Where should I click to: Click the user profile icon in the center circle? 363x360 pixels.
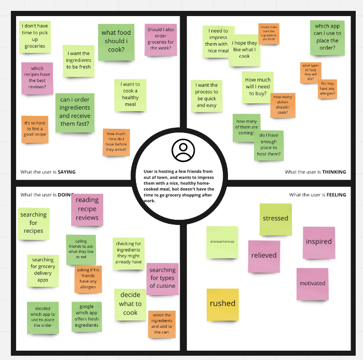coord(183,150)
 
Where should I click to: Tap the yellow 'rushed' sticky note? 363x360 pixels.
coord(223,304)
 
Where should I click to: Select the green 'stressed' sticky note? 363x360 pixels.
coord(275,219)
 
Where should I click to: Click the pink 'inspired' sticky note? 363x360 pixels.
coord(319,242)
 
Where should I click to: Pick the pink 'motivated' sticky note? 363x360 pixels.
coord(313,284)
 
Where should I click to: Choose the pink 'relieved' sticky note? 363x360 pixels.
coord(264,256)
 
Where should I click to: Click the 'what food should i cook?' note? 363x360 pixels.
coord(116,42)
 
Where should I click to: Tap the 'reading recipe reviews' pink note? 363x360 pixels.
coord(87,209)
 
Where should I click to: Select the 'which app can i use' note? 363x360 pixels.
coord(328,37)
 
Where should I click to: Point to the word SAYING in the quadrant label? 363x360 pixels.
coord(68,172)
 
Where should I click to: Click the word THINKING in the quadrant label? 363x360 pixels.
coord(334,172)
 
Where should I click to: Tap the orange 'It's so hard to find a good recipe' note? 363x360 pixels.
coord(35,129)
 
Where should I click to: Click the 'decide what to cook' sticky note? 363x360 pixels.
coord(130,304)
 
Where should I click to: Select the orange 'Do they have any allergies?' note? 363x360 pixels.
coord(327,89)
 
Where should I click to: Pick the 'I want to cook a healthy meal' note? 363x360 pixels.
coord(130,95)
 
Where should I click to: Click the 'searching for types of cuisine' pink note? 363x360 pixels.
coord(163,278)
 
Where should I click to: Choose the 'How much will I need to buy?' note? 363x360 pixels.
coord(257,87)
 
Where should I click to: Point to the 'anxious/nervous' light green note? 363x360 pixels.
coord(222,242)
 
